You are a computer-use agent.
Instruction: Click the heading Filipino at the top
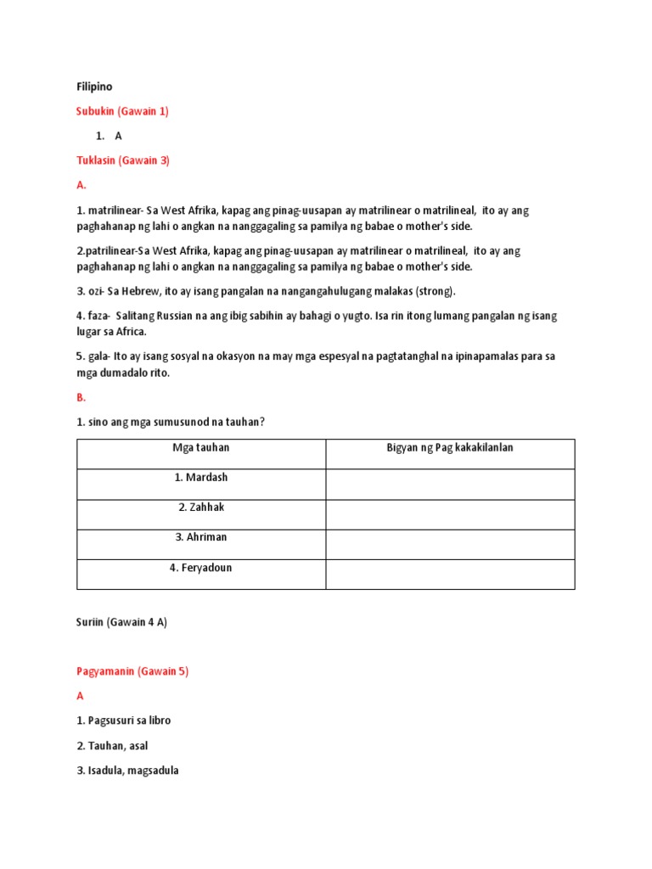(x=94, y=87)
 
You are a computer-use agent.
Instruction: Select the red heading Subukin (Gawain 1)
(x=122, y=111)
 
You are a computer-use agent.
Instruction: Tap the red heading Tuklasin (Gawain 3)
(x=123, y=160)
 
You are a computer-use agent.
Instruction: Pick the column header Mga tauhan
(x=201, y=448)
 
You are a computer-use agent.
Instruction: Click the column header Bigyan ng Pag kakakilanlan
(x=450, y=448)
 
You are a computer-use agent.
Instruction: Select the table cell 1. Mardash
(x=201, y=478)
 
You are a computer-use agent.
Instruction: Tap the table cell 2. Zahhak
(x=201, y=507)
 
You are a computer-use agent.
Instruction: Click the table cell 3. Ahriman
(x=201, y=537)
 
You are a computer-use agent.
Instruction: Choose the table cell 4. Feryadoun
(x=201, y=568)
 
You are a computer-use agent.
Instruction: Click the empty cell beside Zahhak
(x=450, y=514)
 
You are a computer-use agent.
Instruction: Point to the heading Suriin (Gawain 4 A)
(x=121, y=622)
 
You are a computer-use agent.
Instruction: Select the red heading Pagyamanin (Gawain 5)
(x=132, y=671)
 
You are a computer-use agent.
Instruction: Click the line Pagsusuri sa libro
(x=124, y=720)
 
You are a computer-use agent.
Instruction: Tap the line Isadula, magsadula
(x=127, y=771)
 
